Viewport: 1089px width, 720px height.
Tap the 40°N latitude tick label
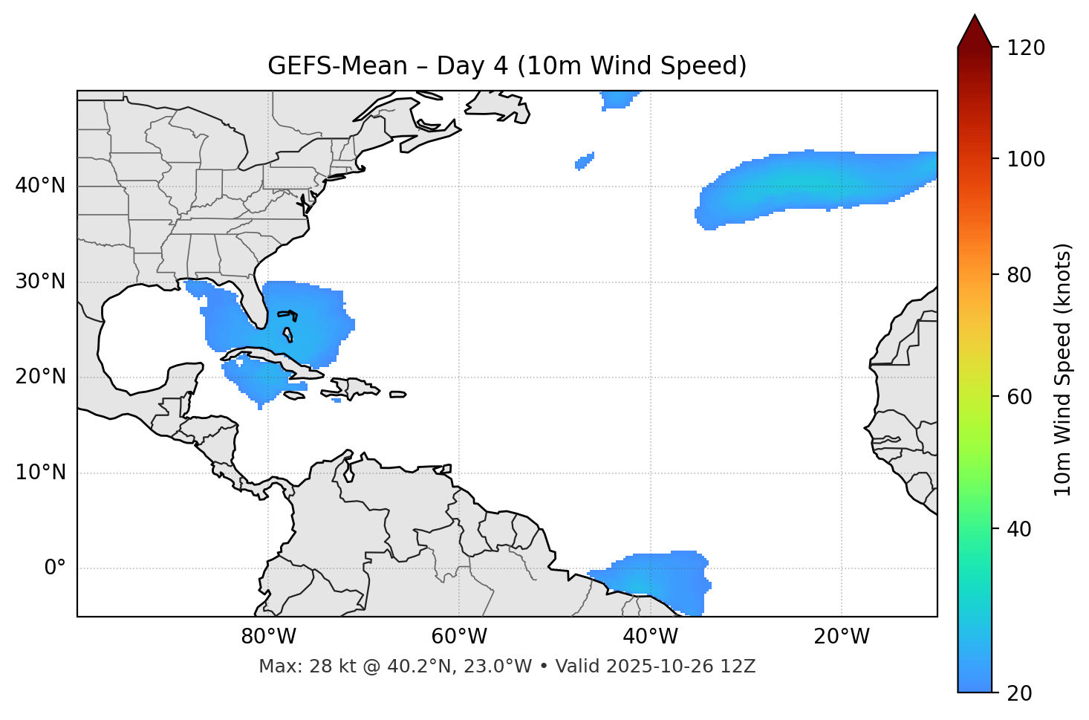coord(40,186)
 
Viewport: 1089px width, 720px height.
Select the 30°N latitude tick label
coord(40,282)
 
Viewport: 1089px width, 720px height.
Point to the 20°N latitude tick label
coord(40,377)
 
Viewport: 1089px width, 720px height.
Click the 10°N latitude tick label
coord(40,473)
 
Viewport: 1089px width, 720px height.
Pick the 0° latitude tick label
coord(55,568)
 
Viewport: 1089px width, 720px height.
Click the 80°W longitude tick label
coord(268,637)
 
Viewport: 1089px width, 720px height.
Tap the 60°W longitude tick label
coord(459,637)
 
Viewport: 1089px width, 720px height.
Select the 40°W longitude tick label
coord(650,637)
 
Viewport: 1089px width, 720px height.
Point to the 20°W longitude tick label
coord(841,637)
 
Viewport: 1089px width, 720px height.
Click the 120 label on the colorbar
coord(1026,48)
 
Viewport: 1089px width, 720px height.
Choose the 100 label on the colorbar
coord(1026,159)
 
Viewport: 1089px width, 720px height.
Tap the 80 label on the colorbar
coord(1021,275)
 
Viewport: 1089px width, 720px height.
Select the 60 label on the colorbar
coord(1021,397)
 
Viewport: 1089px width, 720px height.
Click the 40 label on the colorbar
coord(1021,529)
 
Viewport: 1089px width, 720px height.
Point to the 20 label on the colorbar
coord(1021,693)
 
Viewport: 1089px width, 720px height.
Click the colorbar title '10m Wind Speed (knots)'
coord(1063,369)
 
